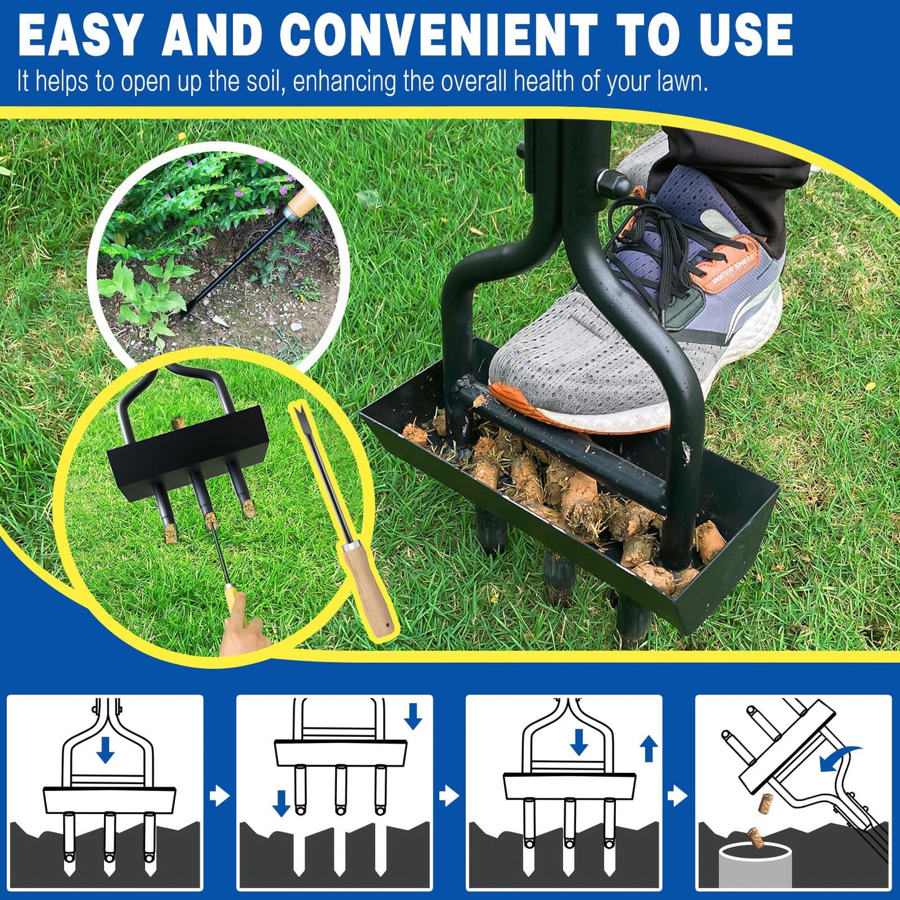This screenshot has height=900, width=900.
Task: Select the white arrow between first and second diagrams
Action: click(x=219, y=796)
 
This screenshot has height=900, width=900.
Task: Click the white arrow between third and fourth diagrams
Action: click(x=678, y=795)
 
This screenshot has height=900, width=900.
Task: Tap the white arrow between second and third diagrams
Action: click(x=448, y=795)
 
